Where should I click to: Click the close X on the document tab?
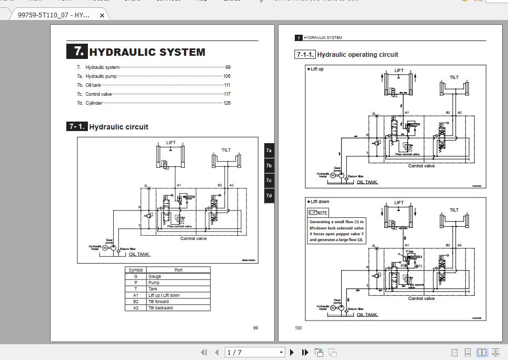point(102,15)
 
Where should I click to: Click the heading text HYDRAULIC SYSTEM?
point(147,52)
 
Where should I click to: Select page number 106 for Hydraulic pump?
point(226,76)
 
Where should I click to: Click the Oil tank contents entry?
point(93,85)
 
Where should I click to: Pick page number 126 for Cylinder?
point(226,103)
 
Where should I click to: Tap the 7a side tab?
point(268,151)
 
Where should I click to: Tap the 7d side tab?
point(268,196)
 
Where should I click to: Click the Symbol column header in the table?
point(135,270)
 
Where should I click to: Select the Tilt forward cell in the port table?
point(158,302)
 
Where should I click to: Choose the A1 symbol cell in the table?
point(135,295)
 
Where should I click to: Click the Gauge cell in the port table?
point(155,276)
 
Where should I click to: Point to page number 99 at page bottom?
point(255,328)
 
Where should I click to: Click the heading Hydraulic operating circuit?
point(357,55)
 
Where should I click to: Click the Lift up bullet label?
point(317,69)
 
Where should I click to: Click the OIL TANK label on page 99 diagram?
point(139,254)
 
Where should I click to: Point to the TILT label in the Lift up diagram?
point(454,77)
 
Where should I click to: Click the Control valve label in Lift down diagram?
point(422,298)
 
